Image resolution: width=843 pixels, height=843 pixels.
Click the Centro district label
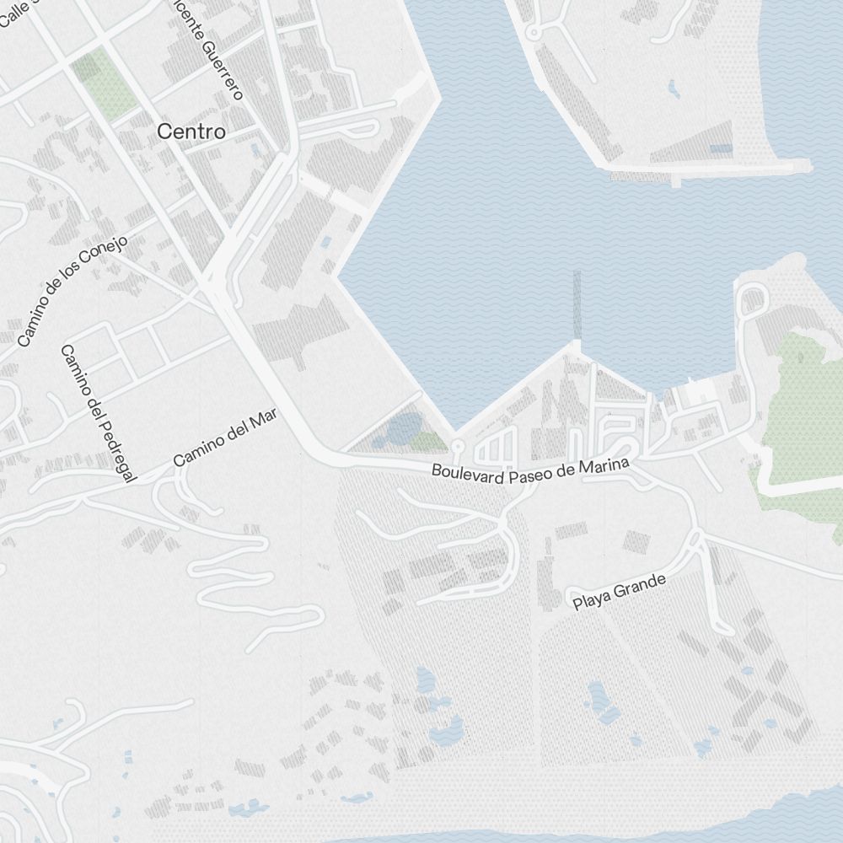[191, 132]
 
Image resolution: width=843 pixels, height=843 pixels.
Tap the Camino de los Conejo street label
[72, 291]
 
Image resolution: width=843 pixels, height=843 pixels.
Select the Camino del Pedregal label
[99, 413]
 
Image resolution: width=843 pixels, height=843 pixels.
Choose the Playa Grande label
[619, 592]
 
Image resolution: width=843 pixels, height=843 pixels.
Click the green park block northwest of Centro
[105, 85]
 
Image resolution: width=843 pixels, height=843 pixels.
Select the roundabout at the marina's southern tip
[458, 444]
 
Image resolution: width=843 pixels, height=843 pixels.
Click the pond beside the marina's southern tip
[403, 430]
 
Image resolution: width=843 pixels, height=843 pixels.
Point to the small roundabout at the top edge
[532, 33]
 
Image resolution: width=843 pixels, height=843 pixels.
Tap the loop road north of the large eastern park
[750, 298]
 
